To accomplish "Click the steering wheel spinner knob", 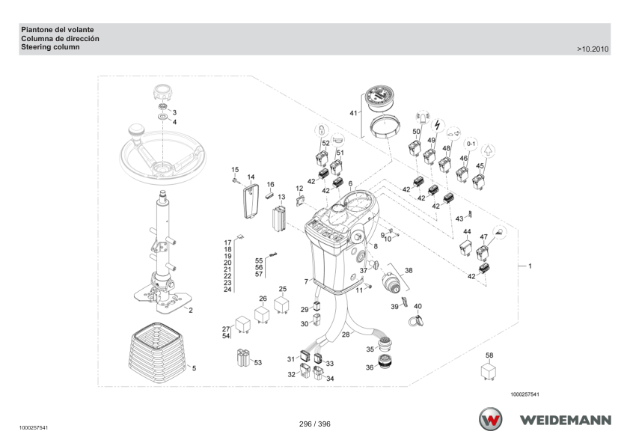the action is pos(136,132).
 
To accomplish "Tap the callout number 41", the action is pos(353,113).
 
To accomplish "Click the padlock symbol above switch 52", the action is pos(322,129).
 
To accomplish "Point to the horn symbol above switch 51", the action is pos(337,140).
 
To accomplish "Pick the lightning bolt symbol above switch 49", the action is pos(438,126).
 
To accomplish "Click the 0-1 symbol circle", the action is pos(471,144).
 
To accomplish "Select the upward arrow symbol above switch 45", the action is pos(488,150).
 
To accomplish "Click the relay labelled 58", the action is pos(489,372).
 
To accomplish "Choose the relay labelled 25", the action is pos(281,305).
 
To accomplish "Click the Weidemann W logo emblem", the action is pos(490,419).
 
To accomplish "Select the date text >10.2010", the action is pos(593,49).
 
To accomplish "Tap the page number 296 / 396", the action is pos(314,424).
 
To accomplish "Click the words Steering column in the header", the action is pos(50,47).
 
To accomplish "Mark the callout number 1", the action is pos(530,266).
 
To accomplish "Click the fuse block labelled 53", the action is pos(243,358).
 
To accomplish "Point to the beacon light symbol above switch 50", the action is pos(422,117).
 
